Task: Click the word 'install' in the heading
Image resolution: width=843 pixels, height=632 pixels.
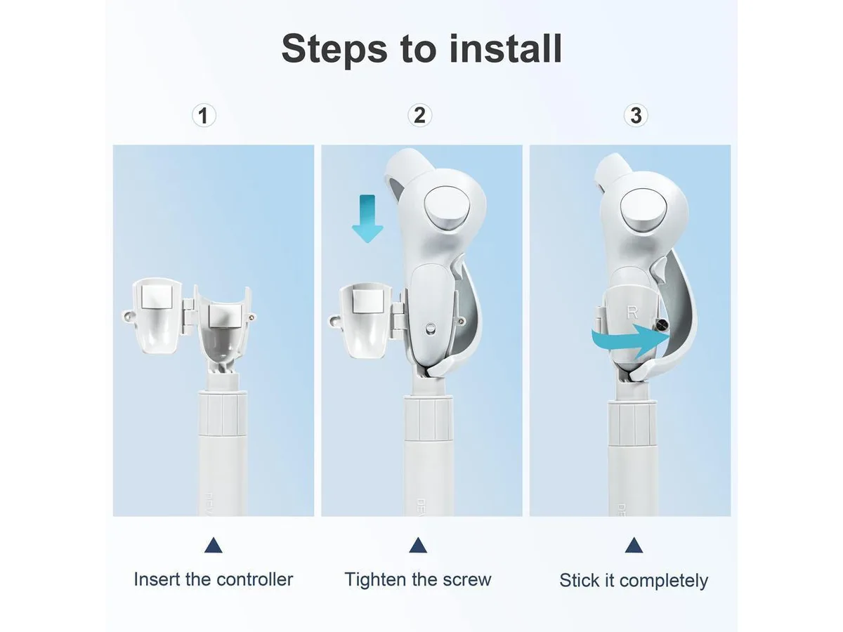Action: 505,48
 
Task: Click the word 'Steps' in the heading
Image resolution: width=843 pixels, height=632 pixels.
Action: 334,51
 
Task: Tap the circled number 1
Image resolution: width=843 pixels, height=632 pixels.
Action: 204,115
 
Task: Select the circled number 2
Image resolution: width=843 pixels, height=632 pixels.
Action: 419,115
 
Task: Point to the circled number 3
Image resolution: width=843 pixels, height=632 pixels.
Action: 636,115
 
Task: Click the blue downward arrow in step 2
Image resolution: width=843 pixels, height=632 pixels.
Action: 367,218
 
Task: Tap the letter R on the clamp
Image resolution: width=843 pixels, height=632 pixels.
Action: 632,312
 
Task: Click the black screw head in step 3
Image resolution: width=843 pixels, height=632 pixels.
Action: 662,326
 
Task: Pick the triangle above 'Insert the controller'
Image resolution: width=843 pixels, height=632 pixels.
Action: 213,545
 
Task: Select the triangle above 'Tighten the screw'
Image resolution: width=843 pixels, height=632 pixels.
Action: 418,545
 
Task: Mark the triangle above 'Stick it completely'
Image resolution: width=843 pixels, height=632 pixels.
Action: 634,545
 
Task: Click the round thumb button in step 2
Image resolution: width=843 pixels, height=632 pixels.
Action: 447,209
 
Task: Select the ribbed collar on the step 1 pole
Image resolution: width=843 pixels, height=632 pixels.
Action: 223,414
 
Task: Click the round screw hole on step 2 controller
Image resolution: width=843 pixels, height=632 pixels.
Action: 431,328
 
